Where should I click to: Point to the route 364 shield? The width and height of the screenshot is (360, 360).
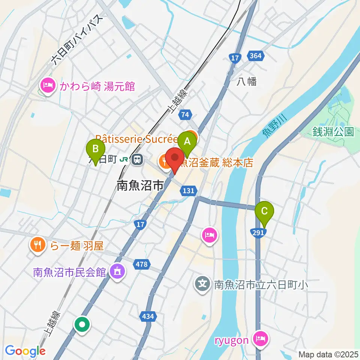tap(256, 56)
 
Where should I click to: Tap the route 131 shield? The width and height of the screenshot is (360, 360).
tap(188, 191)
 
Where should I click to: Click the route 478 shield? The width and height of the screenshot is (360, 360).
tap(141, 264)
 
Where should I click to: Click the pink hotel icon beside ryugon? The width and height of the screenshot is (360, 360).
tap(260, 339)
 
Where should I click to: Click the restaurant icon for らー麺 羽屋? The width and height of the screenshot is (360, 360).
tap(37, 246)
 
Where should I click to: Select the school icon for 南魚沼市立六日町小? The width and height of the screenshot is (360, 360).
tap(203, 285)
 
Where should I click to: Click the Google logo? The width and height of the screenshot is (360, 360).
tap(25, 351)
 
